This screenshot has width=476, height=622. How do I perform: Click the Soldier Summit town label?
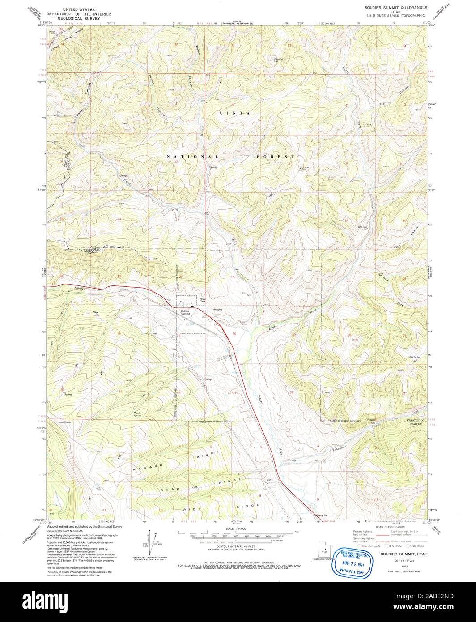186,312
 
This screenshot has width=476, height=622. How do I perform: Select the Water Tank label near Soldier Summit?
203,301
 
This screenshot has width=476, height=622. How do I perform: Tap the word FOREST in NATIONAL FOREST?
276,157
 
